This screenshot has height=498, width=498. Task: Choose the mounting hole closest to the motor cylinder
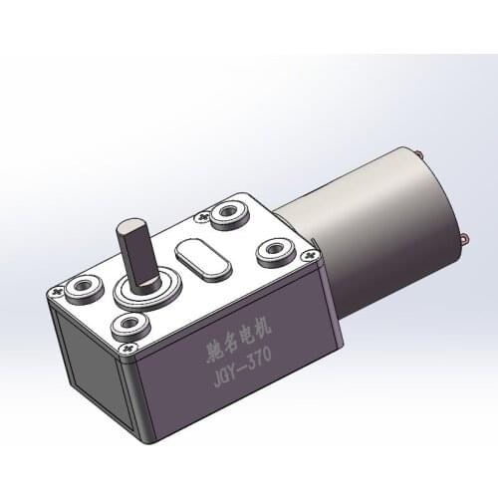click(274, 250)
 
